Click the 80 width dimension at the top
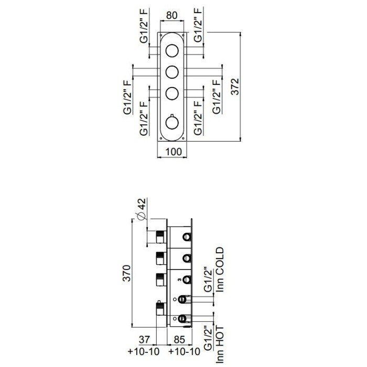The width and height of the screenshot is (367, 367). coord(171,15)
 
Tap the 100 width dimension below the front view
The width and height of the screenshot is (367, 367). coord(174,152)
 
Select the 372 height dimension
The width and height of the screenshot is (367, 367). coord(235,87)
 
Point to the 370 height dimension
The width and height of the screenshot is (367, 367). coord(127,273)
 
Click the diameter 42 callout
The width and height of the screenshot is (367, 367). coord(142,209)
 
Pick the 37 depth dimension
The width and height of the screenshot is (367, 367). coord(144,340)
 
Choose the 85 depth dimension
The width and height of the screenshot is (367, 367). coord(179,340)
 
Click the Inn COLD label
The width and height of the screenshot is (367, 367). coord(220,269)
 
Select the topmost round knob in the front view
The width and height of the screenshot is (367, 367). coord(172,50)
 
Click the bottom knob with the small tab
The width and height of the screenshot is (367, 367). coord(172,122)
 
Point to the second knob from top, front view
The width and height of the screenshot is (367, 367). coord(172,72)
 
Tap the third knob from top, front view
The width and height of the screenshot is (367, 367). coord(172,93)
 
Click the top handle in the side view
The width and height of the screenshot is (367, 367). coord(161,236)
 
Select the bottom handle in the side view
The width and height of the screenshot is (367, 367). coord(161,308)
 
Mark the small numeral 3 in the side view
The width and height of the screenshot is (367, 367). coord(179,279)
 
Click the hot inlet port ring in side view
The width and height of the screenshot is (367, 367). coord(182,319)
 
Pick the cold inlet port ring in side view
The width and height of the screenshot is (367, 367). coord(182,299)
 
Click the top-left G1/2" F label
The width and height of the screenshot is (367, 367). coord(144,26)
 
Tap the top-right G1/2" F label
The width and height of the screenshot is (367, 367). coord(198,25)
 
